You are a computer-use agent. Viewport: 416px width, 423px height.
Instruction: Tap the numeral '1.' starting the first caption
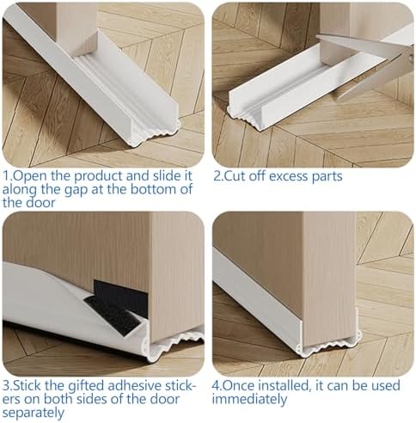click(x=8, y=175)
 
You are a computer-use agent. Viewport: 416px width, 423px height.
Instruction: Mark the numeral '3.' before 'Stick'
click(x=8, y=385)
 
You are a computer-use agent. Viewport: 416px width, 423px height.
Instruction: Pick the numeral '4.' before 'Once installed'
click(x=219, y=385)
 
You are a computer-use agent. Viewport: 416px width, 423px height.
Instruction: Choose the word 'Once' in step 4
click(x=244, y=385)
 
